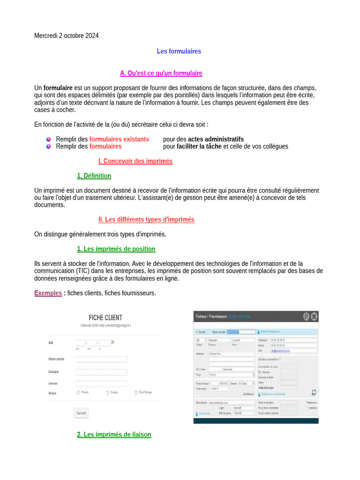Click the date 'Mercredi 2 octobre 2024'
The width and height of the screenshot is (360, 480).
67,36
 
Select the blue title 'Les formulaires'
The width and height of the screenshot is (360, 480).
179,51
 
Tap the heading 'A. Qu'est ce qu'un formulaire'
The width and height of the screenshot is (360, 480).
161,73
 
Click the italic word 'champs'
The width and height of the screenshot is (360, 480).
304,88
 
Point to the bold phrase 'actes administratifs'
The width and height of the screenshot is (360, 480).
216,139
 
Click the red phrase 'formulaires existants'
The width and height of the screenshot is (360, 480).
119,139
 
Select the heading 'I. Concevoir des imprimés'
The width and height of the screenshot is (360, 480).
135,161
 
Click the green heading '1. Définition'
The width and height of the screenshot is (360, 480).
94,176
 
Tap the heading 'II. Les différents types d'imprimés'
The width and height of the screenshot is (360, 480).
146,219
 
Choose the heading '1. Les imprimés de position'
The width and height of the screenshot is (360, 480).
116,249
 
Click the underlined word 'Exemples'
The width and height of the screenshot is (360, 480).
48,293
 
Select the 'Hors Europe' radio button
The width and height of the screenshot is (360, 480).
135,392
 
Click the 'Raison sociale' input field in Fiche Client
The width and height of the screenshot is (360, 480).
101,360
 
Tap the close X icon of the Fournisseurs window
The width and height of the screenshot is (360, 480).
314,316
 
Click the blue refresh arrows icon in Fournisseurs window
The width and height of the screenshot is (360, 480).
314,392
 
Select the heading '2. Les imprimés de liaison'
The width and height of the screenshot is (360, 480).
114,435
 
